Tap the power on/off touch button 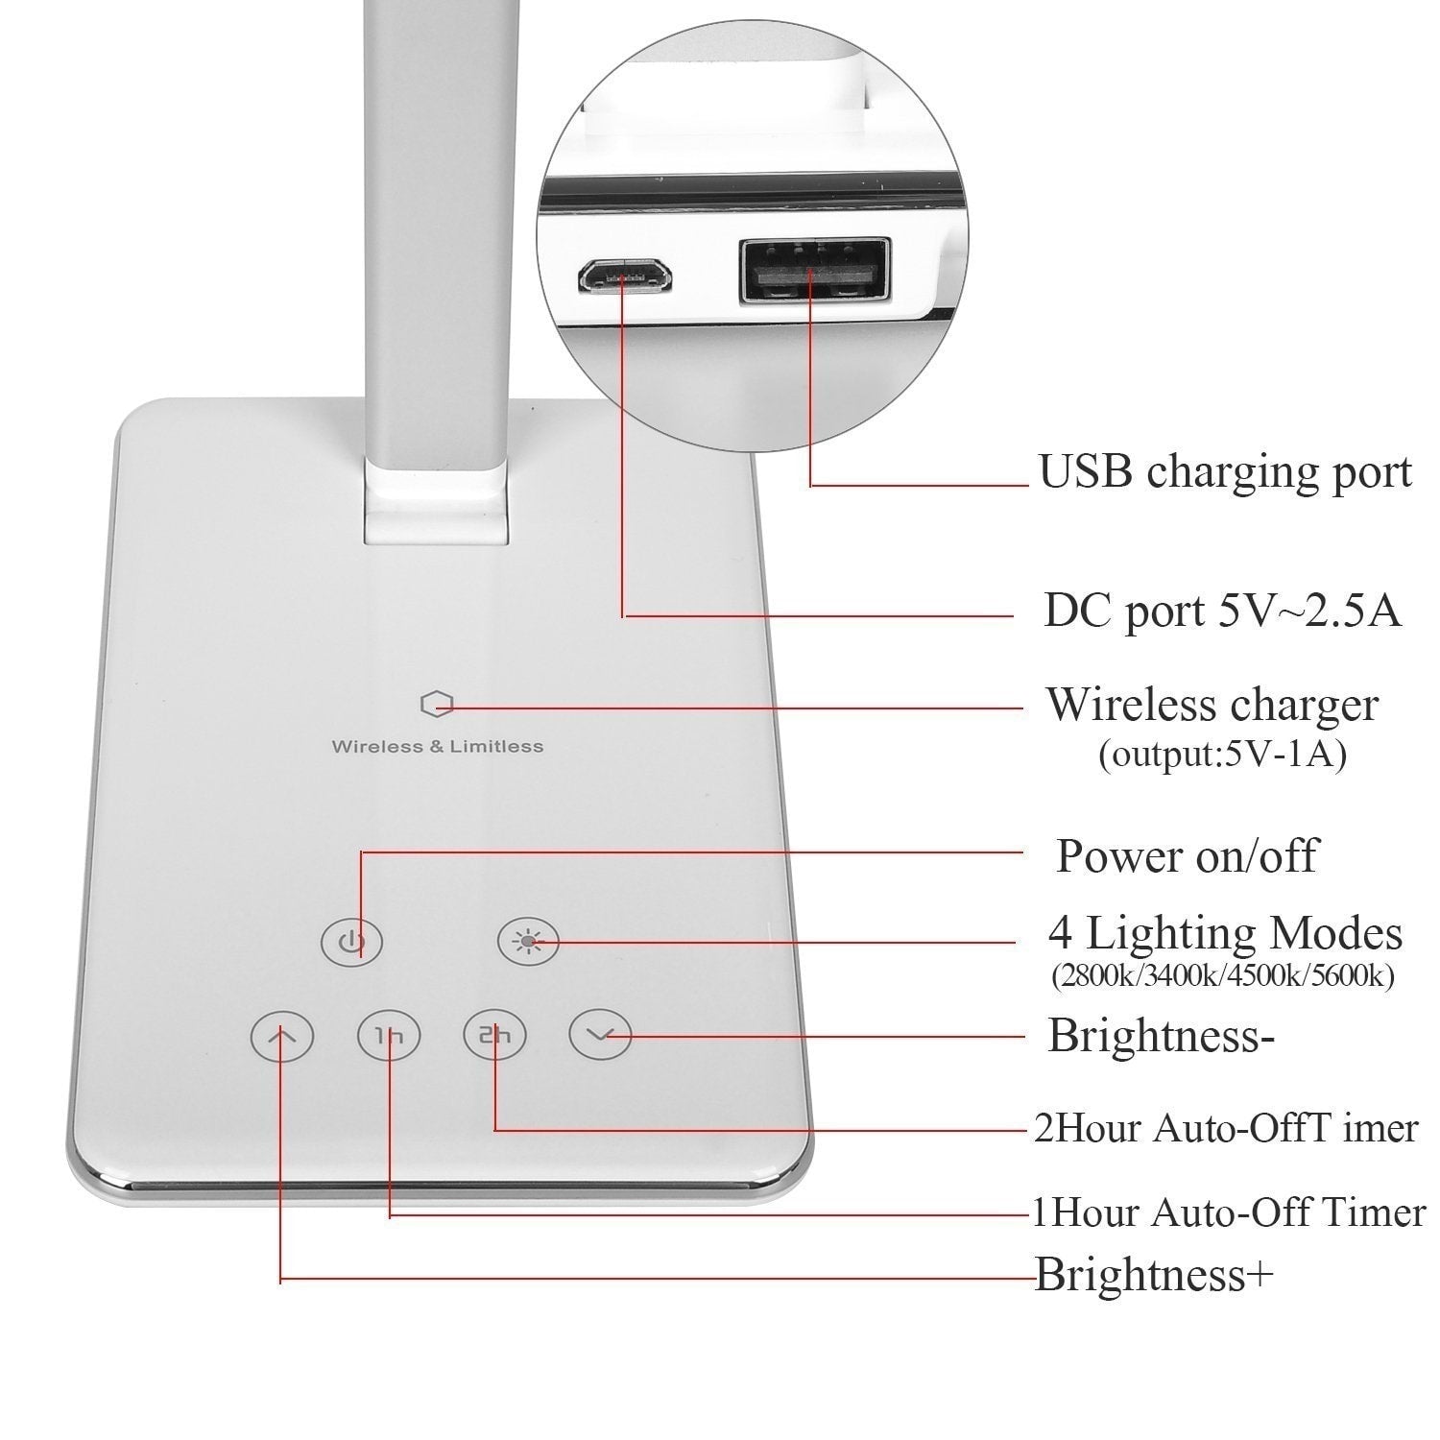(x=352, y=942)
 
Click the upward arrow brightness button (x=282, y=1037)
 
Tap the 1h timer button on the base (x=388, y=1037)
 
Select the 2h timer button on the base (x=495, y=1036)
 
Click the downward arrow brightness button (x=601, y=1036)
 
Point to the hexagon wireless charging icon (x=437, y=706)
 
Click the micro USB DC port (x=624, y=277)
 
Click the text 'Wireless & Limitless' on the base (x=437, y=746)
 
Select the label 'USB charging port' (x=1225, y=472)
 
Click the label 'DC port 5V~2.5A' (x=1222, y=611)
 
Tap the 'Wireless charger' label (x=1212, y=705)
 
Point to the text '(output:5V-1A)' (x=1222, y=755)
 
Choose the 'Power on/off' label (x=1188, y=855)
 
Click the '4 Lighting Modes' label (x=1225, y=932)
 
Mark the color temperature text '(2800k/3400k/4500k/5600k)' (x=1222, y=976)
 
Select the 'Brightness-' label (x=1161, y=1036)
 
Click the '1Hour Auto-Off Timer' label (x=1229, y=1212)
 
